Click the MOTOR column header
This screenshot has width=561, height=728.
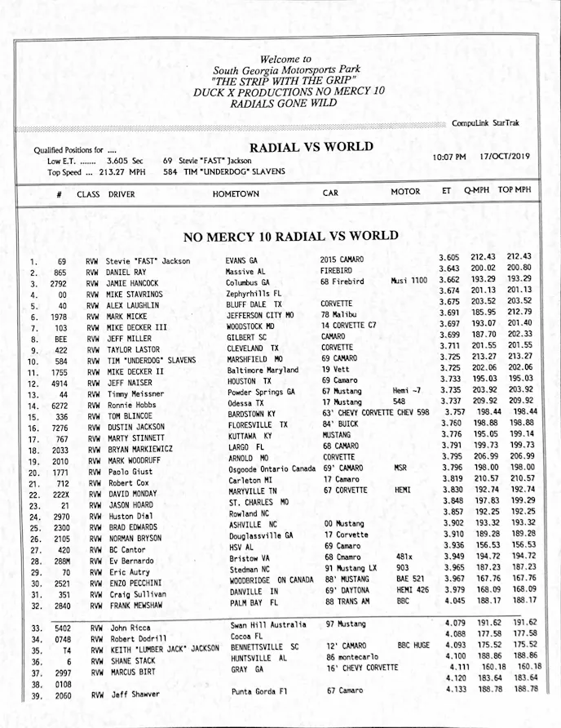pyautogui.click(x=405, y=193)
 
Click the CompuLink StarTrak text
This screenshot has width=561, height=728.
pyautogui.click(x=485, y=123)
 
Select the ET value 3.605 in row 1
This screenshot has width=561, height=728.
pyautogui.click(x=454, y=257)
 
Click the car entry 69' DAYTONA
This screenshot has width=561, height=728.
pyautogui.click(x=348, y=589)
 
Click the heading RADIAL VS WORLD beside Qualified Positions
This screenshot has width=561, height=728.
pyautogui.click(x=311, y=148)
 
